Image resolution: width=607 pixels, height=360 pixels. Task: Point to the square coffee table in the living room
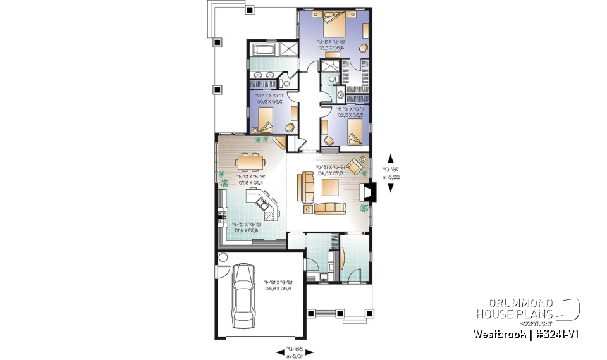click(x=331, y=187)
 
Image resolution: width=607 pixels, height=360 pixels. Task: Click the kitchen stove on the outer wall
click(x=222, y=217)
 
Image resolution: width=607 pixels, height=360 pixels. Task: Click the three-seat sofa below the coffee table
click(x=330, y=208)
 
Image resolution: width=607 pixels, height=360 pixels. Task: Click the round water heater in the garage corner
click(x=223, y=258)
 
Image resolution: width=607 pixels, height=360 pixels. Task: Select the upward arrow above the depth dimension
click(x=390, y=158)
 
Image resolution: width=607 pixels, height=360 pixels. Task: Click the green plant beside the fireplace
click(x=363, y=208)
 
